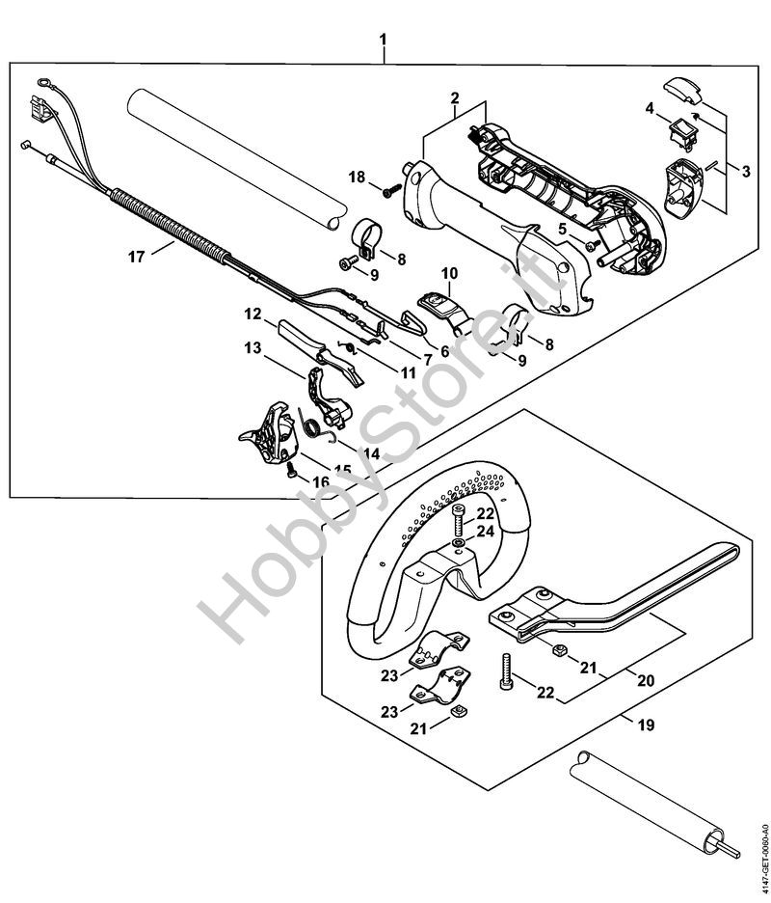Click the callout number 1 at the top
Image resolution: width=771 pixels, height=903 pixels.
(384, 41)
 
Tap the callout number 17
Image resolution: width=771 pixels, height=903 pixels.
(136, 257)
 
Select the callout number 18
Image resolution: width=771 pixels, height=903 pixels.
(358, 177)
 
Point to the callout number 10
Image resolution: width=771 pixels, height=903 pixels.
(449, 272)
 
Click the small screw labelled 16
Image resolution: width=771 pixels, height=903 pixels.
(292, 472)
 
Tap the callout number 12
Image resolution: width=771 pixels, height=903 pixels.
(253, 315)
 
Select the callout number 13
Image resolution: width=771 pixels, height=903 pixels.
(253, 348)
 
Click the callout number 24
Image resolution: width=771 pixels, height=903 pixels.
(486, 532)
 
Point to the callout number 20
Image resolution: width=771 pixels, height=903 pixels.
(646, 680)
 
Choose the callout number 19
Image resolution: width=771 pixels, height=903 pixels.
(646, 725)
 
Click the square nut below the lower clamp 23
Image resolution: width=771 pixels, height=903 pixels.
(458, 712)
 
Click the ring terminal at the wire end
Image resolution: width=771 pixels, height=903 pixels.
(43, 84)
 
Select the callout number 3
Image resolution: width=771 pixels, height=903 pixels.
(746, 171)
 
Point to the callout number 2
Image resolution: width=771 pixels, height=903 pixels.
(455, 97)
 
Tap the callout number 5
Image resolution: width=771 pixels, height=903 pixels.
(563, 229)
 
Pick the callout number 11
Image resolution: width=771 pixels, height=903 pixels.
(408, 373)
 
